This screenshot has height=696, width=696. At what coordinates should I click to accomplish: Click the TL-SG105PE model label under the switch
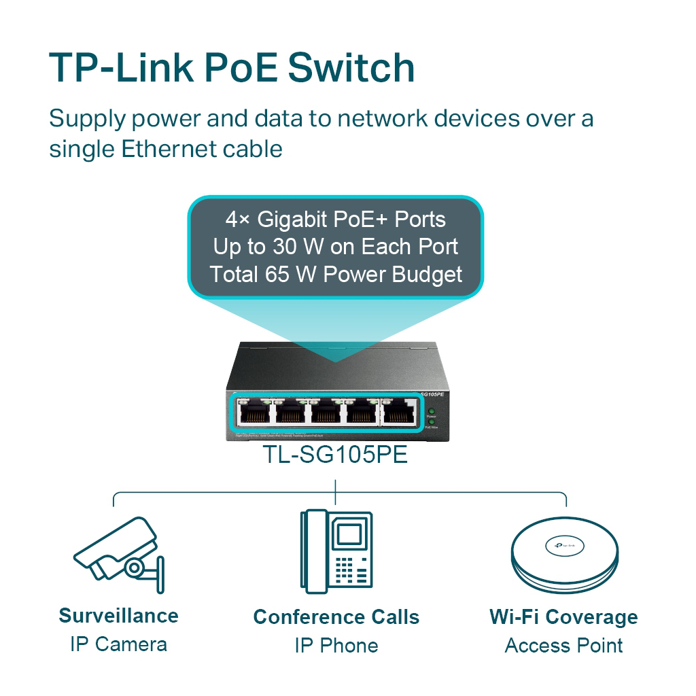[336, 455]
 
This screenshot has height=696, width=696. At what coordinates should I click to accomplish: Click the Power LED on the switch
[431, 412]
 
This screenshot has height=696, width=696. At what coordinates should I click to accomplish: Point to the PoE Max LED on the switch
[431, 422]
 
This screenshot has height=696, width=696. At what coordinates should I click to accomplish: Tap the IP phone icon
[336, 550]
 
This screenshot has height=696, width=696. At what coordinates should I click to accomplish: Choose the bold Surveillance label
[118, 616]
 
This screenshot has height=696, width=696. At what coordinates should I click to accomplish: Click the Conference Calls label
[336, 617]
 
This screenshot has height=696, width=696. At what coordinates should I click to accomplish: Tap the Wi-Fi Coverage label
[563, 617]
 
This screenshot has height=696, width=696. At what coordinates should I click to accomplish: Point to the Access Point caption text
[563, 645]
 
